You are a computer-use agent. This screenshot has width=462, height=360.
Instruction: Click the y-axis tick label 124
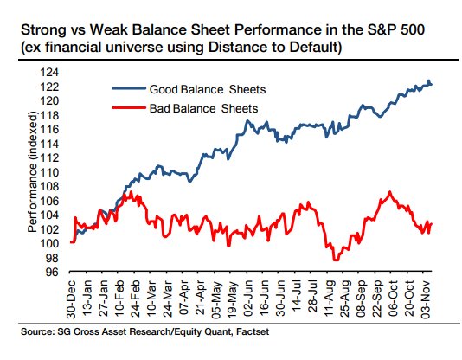(49, 73)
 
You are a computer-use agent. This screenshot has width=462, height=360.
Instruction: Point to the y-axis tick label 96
(52, 273)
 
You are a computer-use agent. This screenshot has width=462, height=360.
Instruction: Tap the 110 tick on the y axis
(49, 172)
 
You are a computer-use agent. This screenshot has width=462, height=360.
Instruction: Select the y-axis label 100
(49, 244)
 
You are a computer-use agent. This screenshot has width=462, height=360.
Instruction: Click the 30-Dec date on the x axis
(71, 299)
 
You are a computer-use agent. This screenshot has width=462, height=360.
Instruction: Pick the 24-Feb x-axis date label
(135, 299)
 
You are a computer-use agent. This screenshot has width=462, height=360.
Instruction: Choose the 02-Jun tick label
(248, 299)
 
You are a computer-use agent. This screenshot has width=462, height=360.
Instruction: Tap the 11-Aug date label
(330, 299)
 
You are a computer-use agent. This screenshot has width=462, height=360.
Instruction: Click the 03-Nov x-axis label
(427, 299)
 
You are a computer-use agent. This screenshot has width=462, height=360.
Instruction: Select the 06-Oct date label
(394, 299)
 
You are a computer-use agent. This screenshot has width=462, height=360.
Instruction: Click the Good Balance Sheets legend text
(208, 89)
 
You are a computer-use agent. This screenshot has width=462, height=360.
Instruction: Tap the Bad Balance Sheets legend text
(203, 108)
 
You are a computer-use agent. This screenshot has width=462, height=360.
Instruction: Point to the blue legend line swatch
(129, 88)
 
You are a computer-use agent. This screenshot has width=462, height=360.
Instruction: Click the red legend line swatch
(129, 107)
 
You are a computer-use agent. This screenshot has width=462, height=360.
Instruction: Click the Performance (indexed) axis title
(33, 172)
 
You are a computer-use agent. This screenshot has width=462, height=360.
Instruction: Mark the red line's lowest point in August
(336, 260)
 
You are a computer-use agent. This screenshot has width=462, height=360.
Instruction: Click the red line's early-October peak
(390, 192)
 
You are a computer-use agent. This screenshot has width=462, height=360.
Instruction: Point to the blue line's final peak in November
(429, 80)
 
